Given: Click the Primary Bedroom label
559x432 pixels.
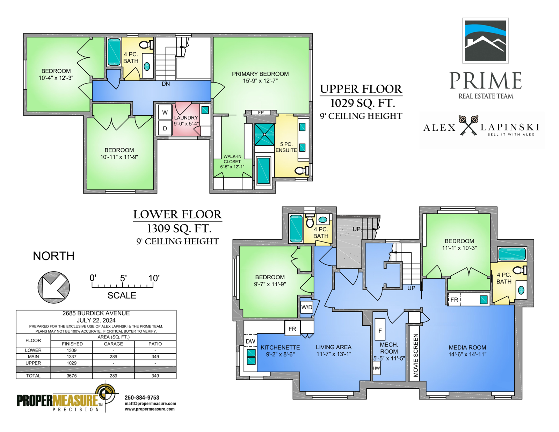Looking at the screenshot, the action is (x=260, y=77).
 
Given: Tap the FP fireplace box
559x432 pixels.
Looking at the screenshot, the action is (x=261, y=113).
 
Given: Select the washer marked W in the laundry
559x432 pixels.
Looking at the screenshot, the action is (x=165, y=112).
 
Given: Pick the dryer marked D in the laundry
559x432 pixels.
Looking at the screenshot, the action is (x=165, y=128).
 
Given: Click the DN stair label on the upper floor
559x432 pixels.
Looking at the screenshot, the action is (x=166, y=84).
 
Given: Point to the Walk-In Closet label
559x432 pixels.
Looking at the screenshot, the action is (x=232, y=161).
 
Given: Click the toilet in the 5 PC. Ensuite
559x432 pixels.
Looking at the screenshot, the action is (x=302, y=170).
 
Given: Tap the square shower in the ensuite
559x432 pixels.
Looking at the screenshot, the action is (x=264, y=134).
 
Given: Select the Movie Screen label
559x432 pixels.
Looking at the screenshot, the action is (x=416, y=355).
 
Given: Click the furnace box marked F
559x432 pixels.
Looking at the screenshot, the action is (x=380, y=330).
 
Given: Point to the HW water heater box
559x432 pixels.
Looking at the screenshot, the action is (x=376, y=368).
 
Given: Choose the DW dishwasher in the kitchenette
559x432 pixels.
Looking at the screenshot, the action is (x=250, y=341).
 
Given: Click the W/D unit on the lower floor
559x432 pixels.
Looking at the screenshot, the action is (x=307, y=307).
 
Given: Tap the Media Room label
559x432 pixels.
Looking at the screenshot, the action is (x=467, y=351).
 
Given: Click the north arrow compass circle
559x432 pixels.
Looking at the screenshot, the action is (x=54, y=287).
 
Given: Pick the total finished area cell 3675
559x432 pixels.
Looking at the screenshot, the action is (x=72, y=376).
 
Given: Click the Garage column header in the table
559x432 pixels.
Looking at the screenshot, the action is (x=113, y=344).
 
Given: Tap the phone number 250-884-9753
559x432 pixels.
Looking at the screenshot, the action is (x=142, y=397).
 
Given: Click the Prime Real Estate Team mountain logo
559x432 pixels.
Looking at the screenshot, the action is (x=485, y=41).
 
